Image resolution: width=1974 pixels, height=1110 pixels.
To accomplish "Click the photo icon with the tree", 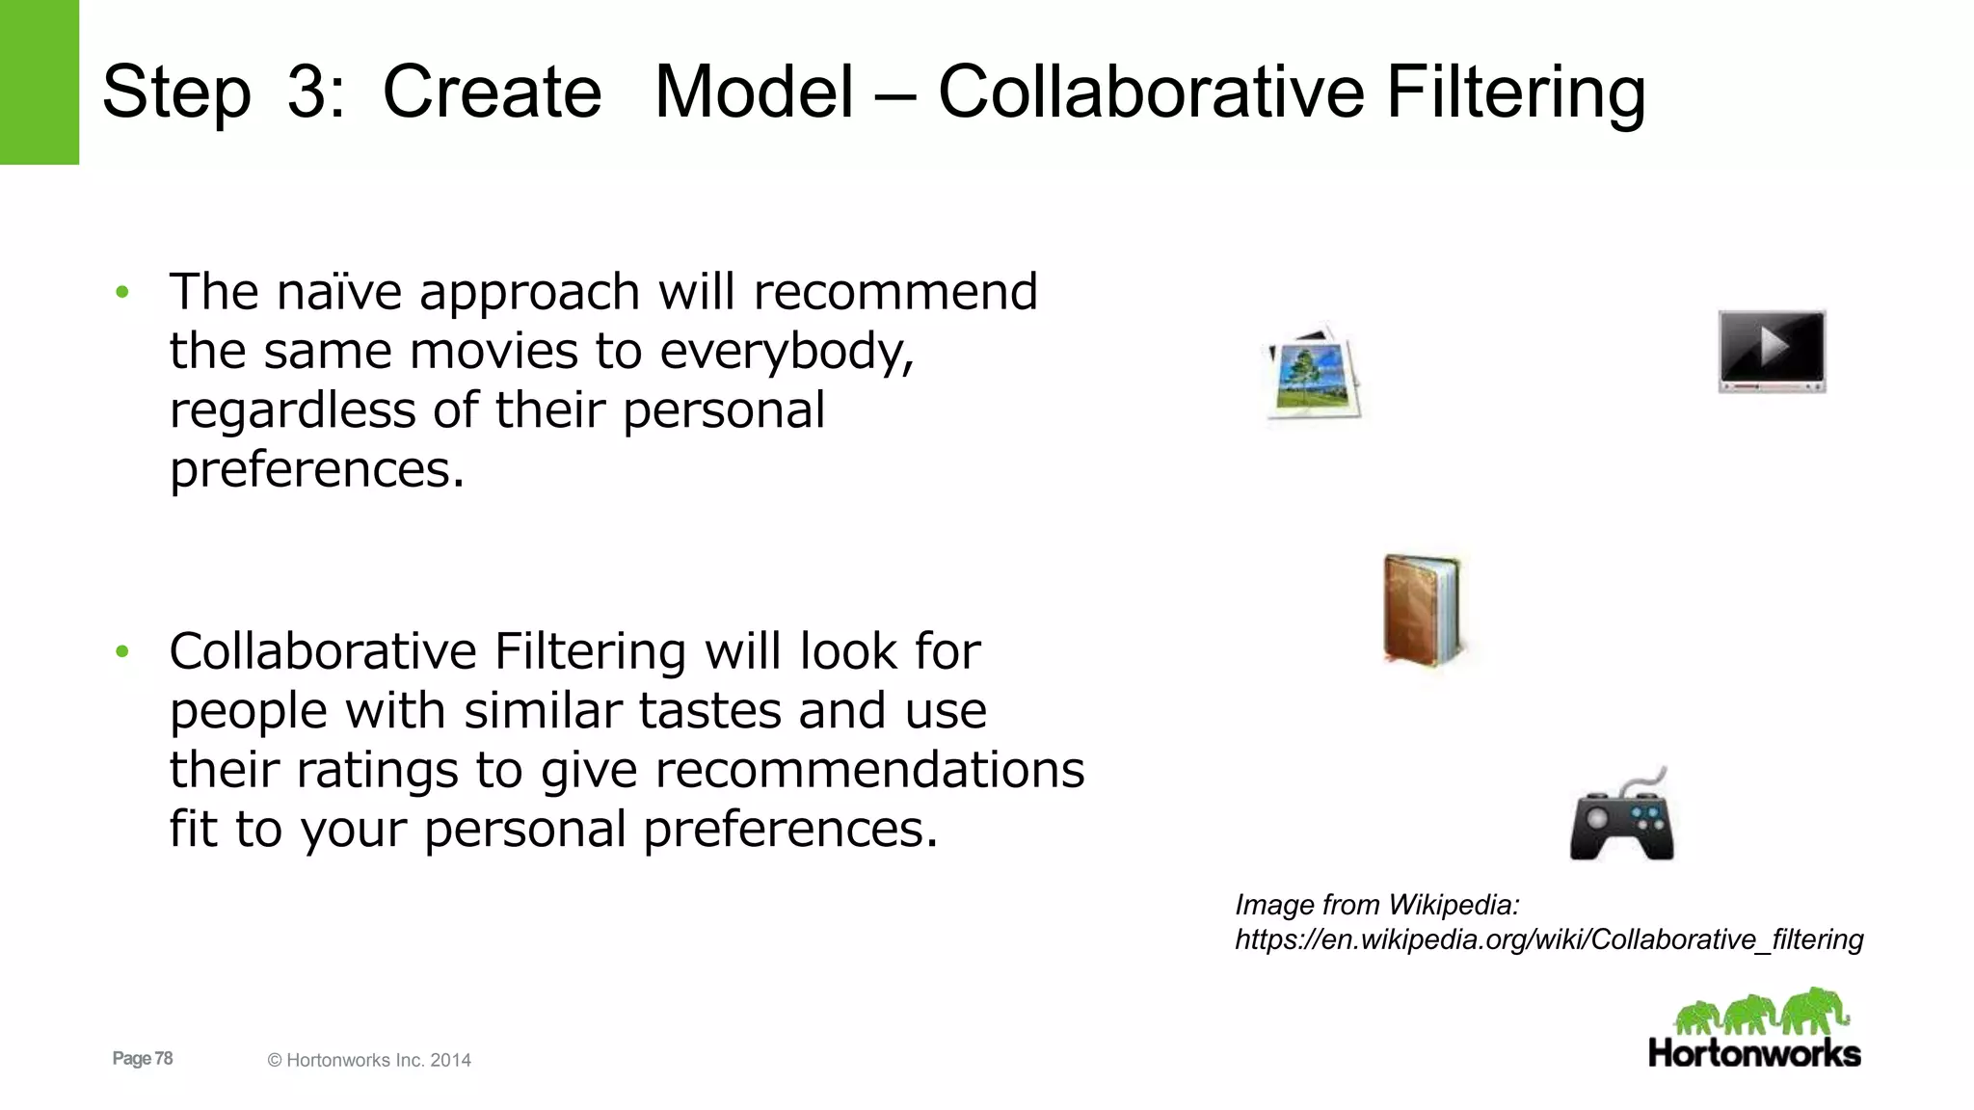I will click(1314, 373).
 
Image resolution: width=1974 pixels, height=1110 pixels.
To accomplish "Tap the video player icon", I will click(1772, 351).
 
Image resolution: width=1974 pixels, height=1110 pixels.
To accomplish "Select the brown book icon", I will click(1422, 610).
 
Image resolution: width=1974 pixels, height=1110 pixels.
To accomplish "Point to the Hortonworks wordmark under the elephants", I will click(1754, 1053).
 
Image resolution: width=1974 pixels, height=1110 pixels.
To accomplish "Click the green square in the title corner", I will click(39, 82).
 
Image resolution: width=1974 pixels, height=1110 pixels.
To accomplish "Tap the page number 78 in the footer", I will click(163, 1058).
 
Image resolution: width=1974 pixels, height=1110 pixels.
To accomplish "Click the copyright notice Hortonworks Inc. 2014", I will click(369, 1060).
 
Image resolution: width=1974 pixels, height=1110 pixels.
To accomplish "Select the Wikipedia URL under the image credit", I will click(1549, 939).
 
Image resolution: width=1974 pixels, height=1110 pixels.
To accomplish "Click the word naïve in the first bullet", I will click(337, 292).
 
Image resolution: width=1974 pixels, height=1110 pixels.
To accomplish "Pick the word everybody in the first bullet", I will click(786, 352).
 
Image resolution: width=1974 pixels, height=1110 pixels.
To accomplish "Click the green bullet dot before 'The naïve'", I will click(122, 292).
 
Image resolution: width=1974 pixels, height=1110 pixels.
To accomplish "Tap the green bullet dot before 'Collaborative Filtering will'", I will click(122, 652).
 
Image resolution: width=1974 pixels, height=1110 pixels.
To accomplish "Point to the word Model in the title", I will click(754, 92).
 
